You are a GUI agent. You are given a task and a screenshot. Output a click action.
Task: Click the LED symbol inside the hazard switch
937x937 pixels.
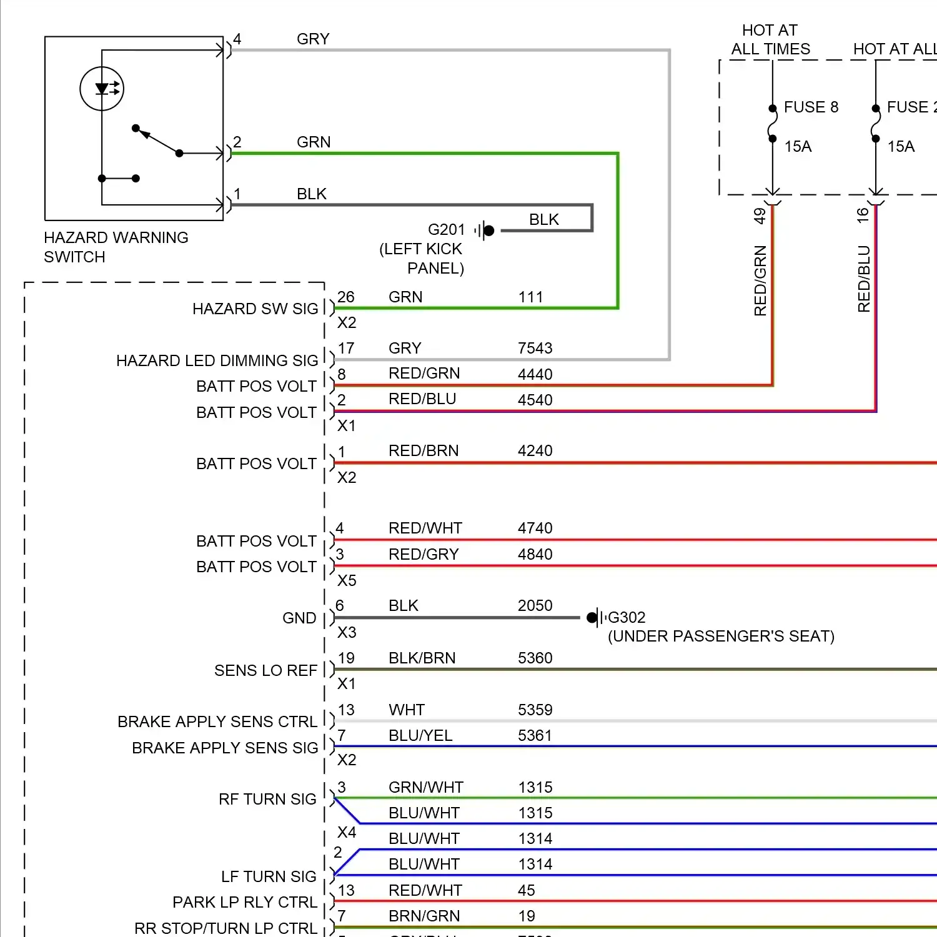coord(102,89)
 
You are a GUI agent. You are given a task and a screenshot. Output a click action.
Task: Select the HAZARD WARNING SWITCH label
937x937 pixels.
coord(116,247)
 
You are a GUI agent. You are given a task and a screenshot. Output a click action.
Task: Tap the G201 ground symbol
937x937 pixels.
coord(485,231)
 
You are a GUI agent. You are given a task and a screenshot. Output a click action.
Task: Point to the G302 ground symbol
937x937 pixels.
coord(595,618)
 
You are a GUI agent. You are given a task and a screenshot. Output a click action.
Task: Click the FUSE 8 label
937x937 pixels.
coord(811,107)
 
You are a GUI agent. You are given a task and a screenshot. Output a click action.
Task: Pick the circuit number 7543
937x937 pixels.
coord(535,348)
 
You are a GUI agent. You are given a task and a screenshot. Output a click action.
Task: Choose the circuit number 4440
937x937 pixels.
coord(535,374)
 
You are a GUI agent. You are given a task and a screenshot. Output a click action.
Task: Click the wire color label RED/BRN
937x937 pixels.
coord(424,450)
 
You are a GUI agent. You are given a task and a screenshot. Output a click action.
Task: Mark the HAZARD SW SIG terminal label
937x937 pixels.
coord(255,309)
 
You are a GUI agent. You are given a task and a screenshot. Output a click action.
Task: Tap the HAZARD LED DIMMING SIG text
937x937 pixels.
coord(217,360)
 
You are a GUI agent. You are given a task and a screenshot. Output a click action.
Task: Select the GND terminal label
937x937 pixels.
coord(299,618)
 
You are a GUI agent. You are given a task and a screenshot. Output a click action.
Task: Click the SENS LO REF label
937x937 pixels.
coord(265,670)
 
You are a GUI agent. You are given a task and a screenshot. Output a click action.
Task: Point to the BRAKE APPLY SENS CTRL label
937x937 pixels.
coord(217,721)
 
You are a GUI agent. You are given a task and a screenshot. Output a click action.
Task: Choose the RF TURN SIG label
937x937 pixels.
coord(267,799)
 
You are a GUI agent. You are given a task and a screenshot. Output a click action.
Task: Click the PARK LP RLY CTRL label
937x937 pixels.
coord(245,902)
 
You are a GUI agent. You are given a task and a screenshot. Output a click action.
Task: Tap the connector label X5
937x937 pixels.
coord(347,580)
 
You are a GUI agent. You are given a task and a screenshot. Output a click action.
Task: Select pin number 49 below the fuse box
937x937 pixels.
coord(760,216)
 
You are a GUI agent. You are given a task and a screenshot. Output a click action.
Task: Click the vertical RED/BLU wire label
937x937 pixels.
coord(864,279)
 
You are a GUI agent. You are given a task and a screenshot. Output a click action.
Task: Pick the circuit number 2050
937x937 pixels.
coord(535,605)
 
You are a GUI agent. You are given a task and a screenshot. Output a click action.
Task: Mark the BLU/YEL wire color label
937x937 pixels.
coord(420,735)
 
